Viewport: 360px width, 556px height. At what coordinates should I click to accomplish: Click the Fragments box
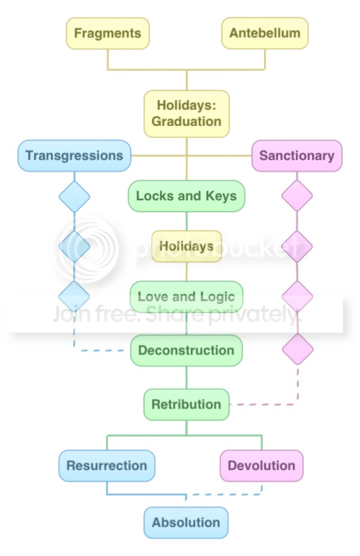[x=107, y=33]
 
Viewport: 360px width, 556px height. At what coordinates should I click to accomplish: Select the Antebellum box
[x=265, y=33]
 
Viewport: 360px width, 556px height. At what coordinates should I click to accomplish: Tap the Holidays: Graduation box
[x=187, y=113]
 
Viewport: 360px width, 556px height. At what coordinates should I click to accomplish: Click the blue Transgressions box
[x=75, y=156]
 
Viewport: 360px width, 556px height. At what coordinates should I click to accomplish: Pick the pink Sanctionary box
[x=297, y=156]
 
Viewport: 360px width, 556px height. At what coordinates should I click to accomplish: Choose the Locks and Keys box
[x=187, y=196]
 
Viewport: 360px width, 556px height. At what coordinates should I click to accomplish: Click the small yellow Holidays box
[x=187, y=246]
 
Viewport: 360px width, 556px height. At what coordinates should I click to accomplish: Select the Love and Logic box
[x=187, y=297]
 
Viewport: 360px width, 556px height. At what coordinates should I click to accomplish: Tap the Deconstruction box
[x=187, y=350]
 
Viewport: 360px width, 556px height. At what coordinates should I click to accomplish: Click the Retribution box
[x=187, y=404]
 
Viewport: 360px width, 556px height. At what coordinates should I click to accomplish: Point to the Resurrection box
[x=107, y=466]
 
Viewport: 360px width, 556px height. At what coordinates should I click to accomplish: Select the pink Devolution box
[x=261, y=466]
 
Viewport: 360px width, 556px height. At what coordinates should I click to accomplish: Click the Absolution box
[x=186, y=523]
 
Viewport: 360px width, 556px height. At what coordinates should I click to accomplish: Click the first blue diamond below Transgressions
[x=75, y=197]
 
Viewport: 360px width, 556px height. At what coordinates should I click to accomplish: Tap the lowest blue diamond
[x=74, y=297]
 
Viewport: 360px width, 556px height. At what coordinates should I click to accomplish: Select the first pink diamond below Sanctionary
[x=297, y=196]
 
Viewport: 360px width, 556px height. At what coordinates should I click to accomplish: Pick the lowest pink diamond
[x=297, y=349]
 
